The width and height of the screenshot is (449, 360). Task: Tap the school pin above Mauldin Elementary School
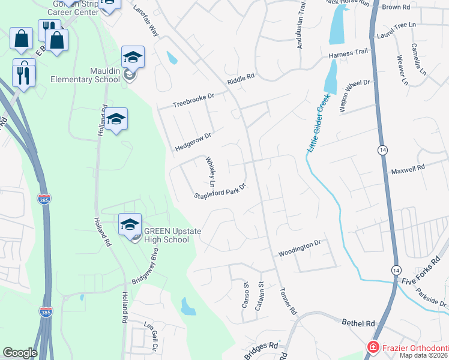133,58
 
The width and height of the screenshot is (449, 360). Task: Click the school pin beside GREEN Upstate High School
130,225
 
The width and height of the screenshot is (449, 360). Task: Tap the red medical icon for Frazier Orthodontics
373,347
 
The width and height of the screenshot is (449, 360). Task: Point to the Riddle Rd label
241,79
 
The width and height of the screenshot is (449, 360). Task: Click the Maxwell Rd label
408,169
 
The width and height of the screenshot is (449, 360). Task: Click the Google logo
20,353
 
